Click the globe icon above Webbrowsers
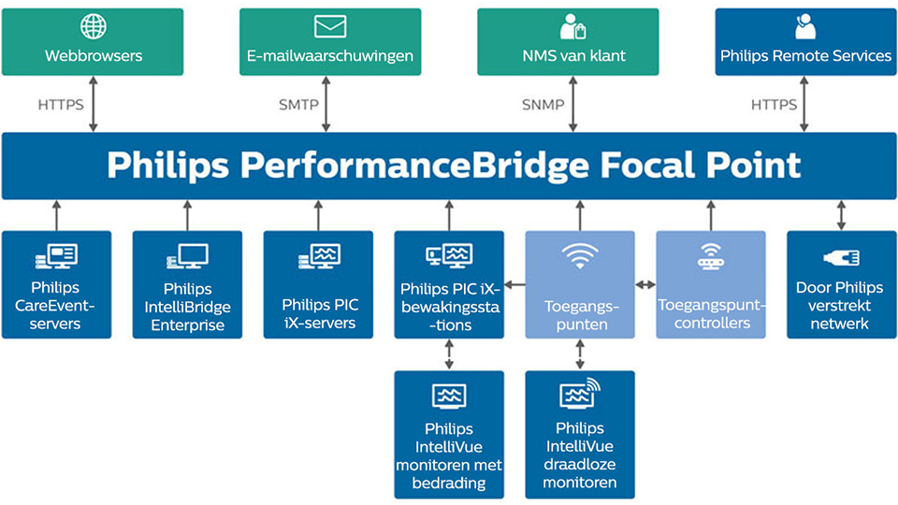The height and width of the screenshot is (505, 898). click(x=94, y=26)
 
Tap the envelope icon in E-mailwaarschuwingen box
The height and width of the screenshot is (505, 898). click(x=330, y=26)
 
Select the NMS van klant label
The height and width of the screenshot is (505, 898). click(x=573, y=56)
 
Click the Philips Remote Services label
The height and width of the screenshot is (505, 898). click(x=805, y=56)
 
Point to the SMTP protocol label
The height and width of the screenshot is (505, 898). click(x=298, y=105)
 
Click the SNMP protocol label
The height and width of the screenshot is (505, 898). click(x=543, y=105)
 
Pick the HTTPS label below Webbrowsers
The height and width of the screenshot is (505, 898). click(x=61, y=105)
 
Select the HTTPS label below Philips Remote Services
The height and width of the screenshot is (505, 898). click(x=774, y=105)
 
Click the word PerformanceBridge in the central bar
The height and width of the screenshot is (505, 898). click(x=414, y=166)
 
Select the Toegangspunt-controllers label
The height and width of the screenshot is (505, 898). click(x=711, y=313)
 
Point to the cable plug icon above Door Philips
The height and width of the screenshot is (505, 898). click(x=841, y=257)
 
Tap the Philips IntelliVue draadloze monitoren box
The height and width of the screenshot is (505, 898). click(x=580, y=434)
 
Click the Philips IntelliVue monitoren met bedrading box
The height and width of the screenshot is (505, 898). click(x=449, y=434)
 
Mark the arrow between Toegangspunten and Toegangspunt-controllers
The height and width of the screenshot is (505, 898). click(x=645, y=284)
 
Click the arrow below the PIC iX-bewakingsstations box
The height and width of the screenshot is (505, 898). click(x=449, y=354)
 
